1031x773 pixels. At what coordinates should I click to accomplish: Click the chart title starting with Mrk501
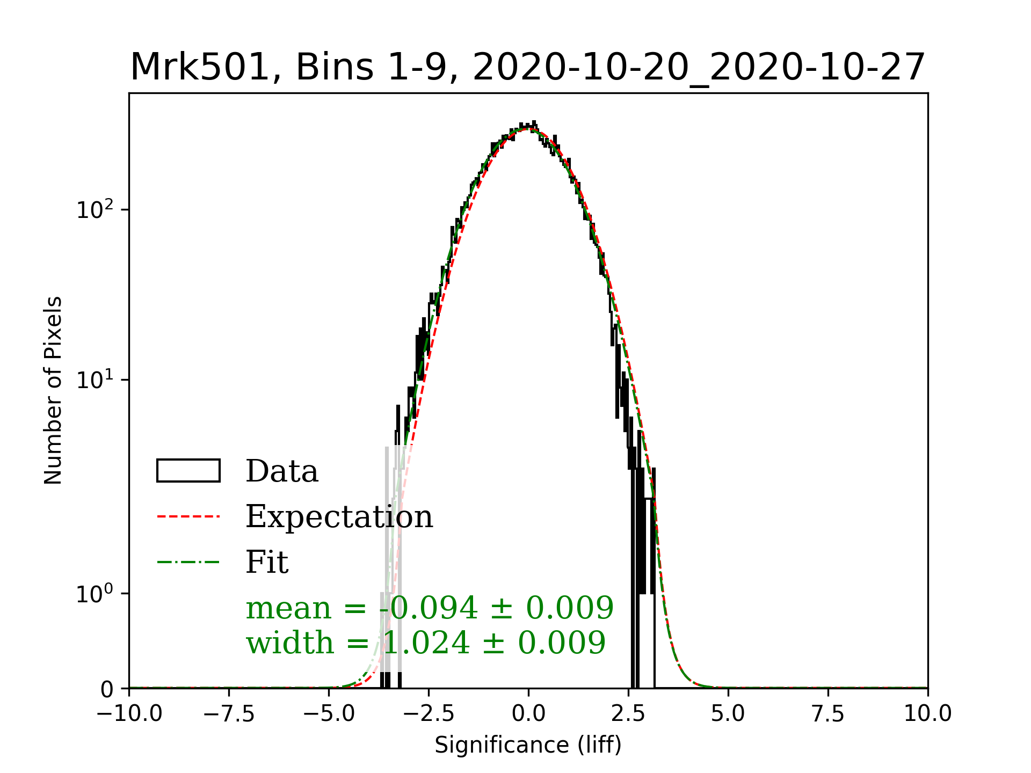(528, 68)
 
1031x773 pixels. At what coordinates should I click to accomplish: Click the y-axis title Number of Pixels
(53, 390)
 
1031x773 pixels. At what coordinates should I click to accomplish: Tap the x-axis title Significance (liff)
(528, 745)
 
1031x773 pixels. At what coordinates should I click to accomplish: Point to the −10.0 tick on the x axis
(129, 714)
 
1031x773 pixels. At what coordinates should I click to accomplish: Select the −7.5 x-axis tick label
(229, 714)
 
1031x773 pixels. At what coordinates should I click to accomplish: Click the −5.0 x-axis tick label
(329, 714)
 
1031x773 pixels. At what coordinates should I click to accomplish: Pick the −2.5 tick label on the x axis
(429, 714)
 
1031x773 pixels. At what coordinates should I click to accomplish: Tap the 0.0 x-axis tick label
(528, 714)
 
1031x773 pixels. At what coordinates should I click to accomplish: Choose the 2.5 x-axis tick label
(628, 714)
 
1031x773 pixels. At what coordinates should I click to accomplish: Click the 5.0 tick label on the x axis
(728, 714)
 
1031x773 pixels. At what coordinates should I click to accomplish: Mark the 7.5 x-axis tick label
(828, 714)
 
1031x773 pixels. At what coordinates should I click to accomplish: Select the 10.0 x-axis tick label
(927, 714)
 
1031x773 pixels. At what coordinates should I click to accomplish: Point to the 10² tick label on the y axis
(96, 209)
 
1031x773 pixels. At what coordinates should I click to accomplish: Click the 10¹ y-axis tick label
(96, 380)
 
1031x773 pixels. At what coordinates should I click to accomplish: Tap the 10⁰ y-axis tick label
(96, 594)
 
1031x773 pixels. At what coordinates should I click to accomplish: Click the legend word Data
(282, 471)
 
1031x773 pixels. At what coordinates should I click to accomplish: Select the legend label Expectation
(339, 516)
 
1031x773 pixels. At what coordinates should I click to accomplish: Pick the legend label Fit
(267, 562)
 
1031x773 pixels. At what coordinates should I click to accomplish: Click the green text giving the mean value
(430, 608)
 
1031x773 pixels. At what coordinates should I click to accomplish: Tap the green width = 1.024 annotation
(426, 643)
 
